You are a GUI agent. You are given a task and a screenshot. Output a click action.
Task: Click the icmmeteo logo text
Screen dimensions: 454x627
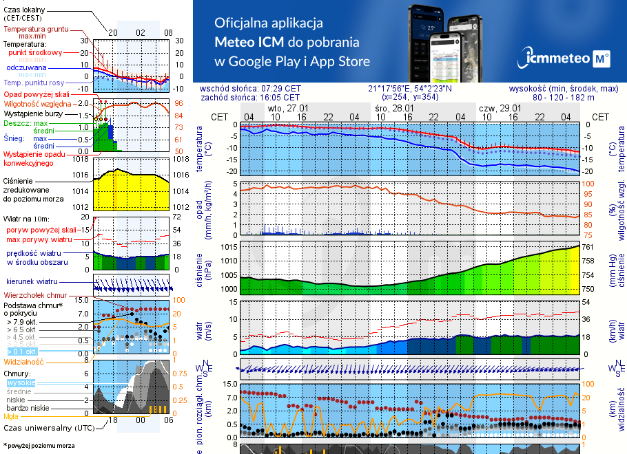(556, 59)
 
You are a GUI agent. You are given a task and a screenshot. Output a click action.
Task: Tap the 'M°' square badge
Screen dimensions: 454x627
(602, 59)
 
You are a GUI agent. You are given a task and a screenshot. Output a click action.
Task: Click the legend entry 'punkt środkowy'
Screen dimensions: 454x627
(35, 52)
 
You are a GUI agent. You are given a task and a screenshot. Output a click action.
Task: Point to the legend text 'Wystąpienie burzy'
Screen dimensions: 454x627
(34, 112)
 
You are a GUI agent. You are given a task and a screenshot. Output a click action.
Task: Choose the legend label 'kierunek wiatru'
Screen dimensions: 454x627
(30, 282)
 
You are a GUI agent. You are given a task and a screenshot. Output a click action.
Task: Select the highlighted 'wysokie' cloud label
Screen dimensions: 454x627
(20, 382)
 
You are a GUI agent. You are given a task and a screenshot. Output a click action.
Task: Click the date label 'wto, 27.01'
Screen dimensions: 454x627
(288, 109)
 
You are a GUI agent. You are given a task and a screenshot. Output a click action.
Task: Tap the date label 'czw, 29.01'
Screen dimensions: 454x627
(500, 109)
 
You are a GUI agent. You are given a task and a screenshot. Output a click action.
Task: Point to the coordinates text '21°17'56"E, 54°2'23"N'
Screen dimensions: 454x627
(410, 89)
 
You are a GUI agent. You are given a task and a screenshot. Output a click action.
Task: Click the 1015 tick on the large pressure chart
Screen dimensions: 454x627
(229, 247)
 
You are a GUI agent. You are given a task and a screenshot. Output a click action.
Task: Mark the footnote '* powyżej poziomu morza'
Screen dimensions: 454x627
(39, 446)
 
